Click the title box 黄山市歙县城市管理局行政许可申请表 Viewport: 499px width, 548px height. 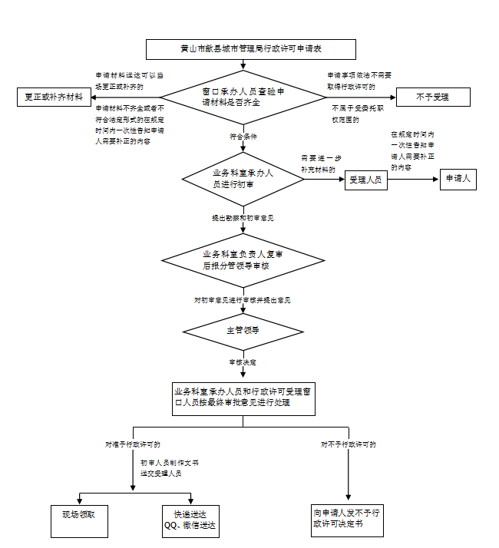(250, 49)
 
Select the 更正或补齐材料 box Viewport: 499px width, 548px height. (53, 97)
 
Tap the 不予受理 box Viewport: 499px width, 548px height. (432, 97)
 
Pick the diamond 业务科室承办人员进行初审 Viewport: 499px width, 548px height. (243, 178)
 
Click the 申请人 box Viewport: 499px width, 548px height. (458, 180)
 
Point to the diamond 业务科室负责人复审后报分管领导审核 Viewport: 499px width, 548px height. (242, 259)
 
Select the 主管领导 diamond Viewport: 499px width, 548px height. (242, 330)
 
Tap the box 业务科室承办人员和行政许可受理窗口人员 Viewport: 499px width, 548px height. (243, 397)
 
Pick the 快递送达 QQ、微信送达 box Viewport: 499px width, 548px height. (190, 520)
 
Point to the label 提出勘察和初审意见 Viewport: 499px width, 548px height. (243, 218)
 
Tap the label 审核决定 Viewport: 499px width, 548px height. (242, 361)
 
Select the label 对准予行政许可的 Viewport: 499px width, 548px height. (133, 444)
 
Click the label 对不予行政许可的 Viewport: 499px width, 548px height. (348, 444)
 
